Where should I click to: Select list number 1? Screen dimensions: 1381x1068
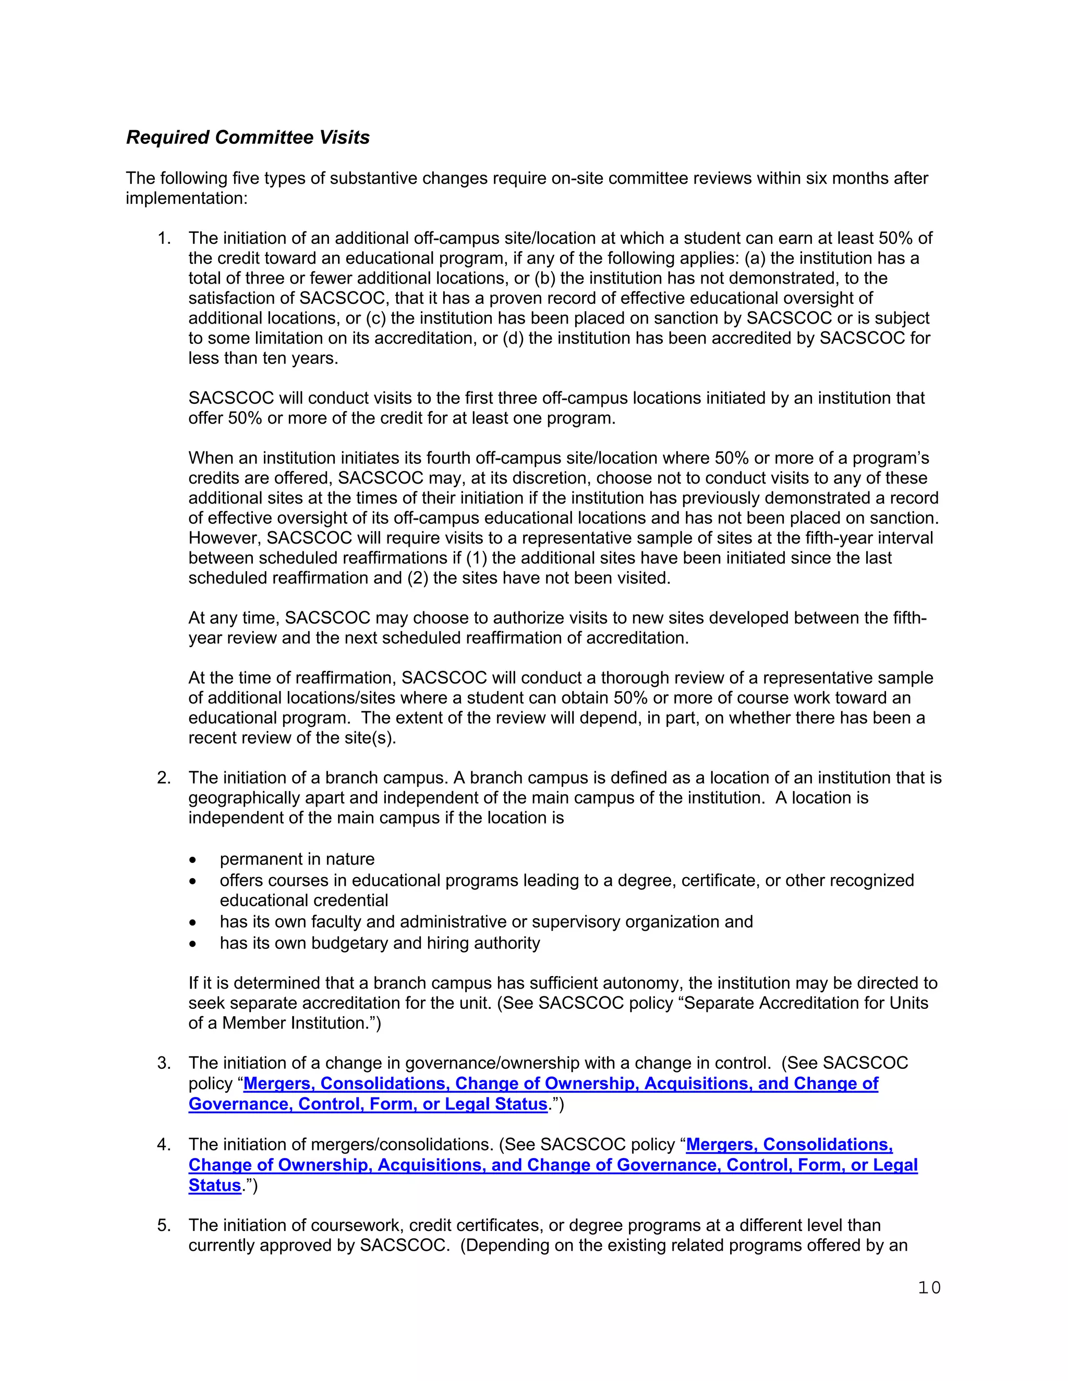164,238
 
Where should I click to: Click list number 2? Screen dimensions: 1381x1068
164,778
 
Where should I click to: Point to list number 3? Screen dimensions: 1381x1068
164,1063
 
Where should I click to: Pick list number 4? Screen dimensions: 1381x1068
164,1144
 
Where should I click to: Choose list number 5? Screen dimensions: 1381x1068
164,1226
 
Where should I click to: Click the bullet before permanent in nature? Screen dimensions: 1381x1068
193,860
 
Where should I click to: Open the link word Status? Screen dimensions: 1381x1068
214,1186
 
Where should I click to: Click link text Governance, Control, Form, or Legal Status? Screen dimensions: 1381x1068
368,1104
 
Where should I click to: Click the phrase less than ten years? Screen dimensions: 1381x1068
263,359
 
